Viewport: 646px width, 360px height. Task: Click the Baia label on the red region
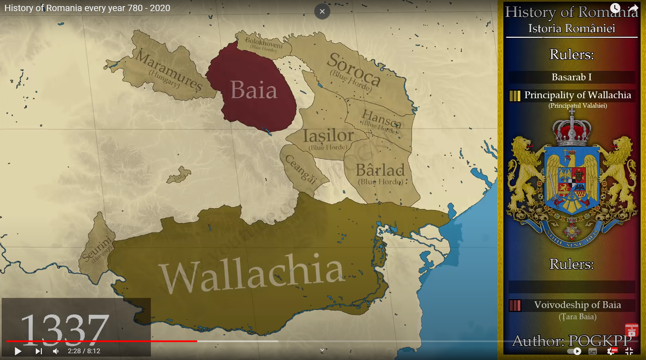(254, 90)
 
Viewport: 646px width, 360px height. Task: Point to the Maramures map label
(169, 71)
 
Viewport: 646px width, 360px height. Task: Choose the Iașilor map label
(328, 136)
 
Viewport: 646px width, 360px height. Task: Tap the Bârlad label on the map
(380, 170)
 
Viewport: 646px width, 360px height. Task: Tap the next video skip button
(39, 351)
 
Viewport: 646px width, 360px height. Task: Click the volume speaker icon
(56, 351)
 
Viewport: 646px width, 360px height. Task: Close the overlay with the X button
(322, 11)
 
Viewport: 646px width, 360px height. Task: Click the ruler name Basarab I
(571, 77)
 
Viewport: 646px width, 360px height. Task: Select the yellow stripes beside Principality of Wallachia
(515, 96)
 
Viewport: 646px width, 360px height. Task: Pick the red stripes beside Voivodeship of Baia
(515, 305)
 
